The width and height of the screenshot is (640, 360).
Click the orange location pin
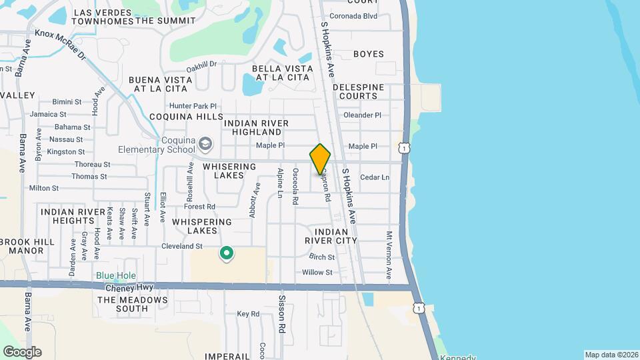[320, 159]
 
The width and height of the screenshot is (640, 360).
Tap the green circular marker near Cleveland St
[227, 253]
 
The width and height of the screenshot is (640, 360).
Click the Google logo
[22, 352]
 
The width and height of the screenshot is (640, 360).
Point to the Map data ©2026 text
[611, 355]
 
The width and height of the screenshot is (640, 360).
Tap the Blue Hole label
[115, 275]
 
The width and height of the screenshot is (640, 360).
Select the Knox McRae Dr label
[61, 43]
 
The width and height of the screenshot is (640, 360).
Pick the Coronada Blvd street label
[353, 16]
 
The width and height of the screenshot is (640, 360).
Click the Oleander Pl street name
[362, 115]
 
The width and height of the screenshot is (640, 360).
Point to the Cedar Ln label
[374, 177]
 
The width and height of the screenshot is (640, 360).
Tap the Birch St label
[322, 257]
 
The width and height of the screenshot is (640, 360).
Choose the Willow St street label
[317, 272]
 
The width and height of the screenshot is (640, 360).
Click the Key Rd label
[247, 313]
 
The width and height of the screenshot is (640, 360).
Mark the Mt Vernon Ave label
[389, 255]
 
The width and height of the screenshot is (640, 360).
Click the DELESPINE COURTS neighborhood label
[359, 91]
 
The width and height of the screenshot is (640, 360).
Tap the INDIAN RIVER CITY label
[331, 236]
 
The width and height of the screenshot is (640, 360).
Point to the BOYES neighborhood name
[369, 54]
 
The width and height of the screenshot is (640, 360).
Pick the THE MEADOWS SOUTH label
[132, 304]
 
